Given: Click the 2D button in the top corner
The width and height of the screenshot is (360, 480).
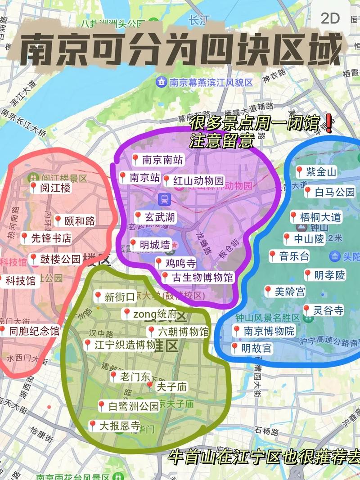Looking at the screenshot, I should [x=330, y=18].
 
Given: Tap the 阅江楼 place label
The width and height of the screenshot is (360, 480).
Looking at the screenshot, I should [x=50, y=188].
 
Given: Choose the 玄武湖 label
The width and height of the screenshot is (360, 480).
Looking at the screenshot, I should [x=155, y=217].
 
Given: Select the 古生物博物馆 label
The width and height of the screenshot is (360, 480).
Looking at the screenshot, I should [x=198, y=278].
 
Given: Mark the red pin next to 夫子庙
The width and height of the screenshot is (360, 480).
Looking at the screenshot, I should [x=150, y=386].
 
